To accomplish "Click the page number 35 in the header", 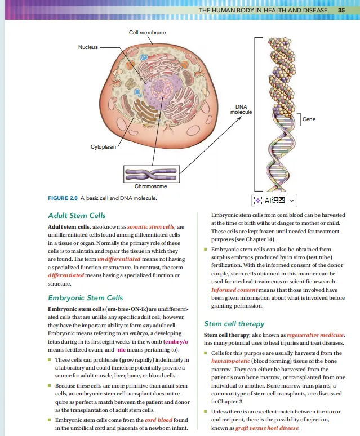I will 341,11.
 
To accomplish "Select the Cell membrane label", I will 147,33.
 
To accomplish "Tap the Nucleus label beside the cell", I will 87,47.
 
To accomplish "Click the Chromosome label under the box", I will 150,186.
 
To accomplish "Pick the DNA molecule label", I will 241,109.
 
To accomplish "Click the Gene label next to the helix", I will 309,119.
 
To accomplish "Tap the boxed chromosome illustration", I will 151,173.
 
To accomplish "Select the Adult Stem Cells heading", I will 77,215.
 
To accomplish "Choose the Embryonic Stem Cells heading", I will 86,297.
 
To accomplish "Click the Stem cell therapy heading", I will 234,324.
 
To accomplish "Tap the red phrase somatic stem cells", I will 152,226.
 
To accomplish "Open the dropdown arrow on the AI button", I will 292,201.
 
